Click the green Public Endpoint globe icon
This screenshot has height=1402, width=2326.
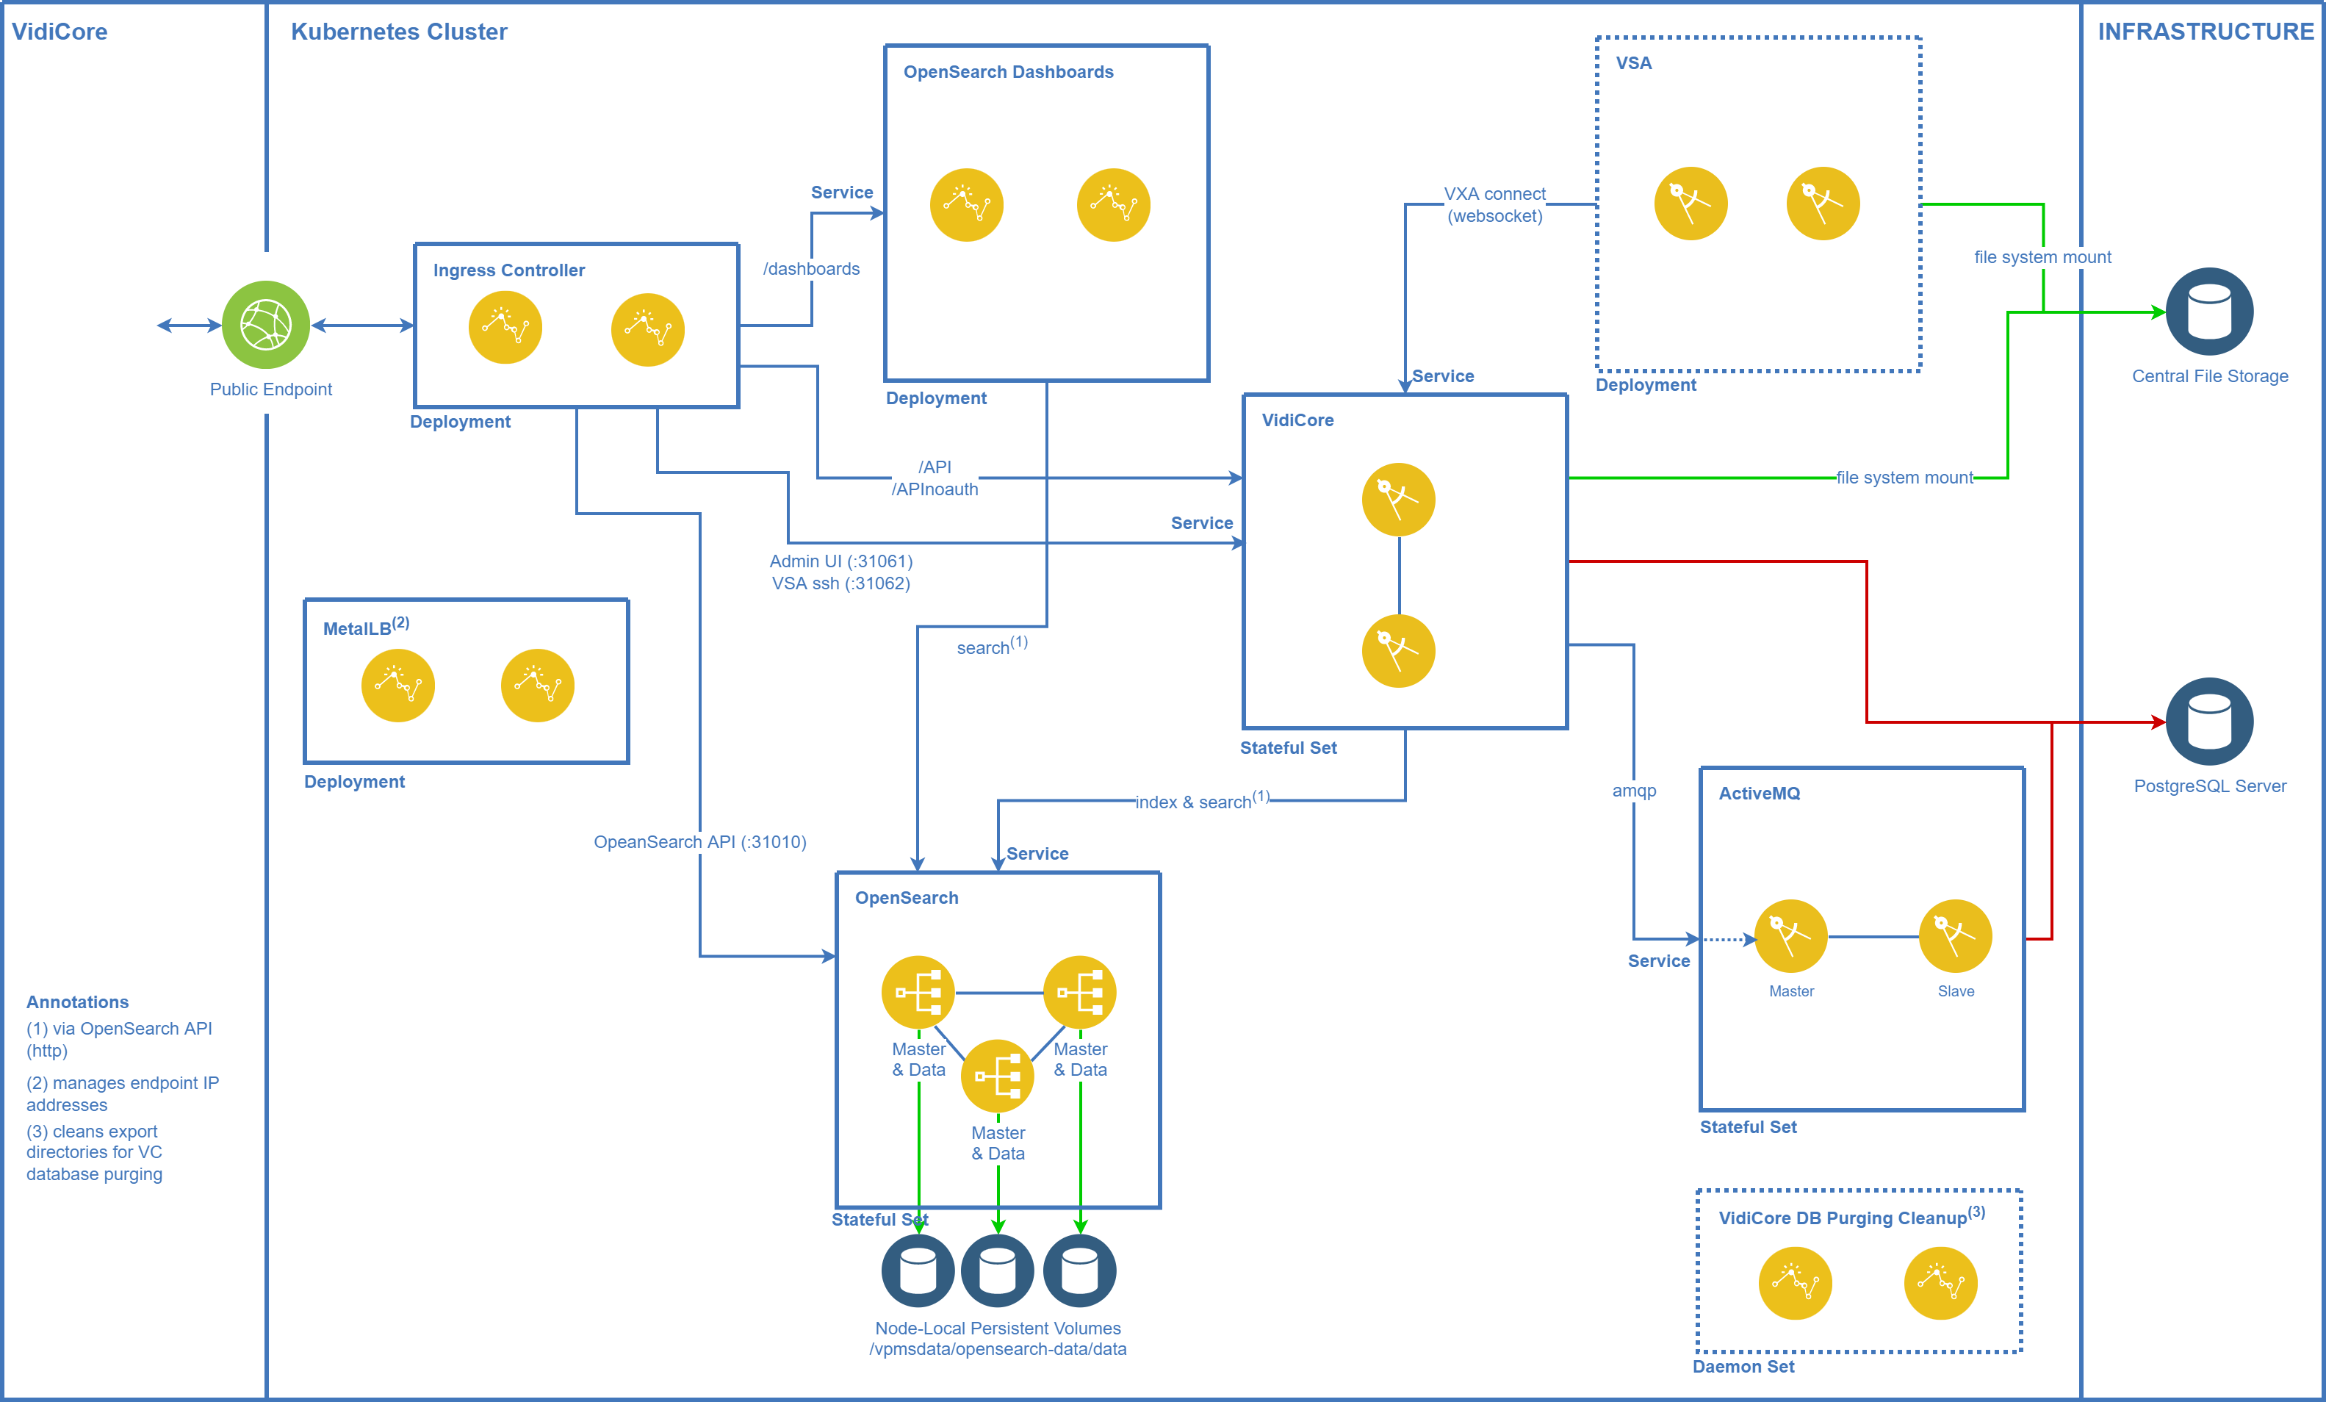pos(265,325)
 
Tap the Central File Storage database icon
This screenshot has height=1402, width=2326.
pos(2209,312)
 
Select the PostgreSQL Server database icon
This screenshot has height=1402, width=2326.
pos(2209,722)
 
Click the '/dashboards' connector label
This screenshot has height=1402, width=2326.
pos(812,269)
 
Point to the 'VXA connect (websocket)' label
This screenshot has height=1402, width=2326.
pos(1495,205)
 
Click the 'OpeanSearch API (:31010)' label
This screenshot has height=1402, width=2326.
pos(699,842)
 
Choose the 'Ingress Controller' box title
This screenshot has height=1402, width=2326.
pos(509,270)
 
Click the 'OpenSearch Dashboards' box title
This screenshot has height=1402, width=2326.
pos(1008,72)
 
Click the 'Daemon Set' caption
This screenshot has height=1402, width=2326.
pos(1743,1366)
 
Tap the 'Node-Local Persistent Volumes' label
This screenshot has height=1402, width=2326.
pos(998,1329)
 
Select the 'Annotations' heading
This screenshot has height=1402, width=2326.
pos(77,1002)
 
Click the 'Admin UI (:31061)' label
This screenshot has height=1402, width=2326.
pos(841,561)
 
